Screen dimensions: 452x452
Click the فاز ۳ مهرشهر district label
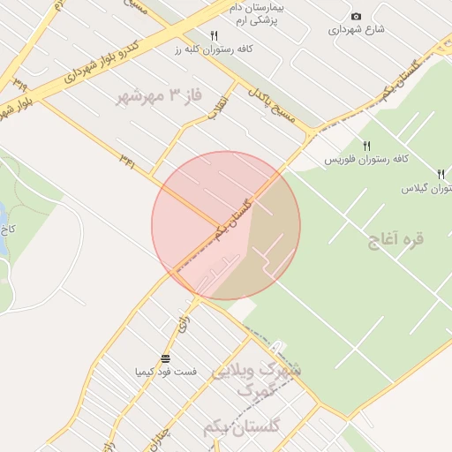[154, 97]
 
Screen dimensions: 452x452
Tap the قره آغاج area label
[397, 239]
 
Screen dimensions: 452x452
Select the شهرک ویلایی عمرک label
[255, 380]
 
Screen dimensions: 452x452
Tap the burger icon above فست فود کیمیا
[166, 358]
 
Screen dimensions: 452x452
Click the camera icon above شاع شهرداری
[356, 17]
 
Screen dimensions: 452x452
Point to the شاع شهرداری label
[357, 29]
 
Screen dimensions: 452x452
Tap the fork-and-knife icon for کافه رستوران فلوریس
[366, 146]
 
